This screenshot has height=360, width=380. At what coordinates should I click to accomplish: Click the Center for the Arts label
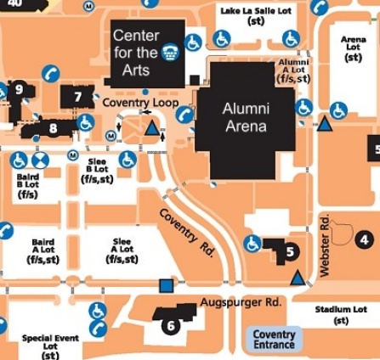[x=136, y=52]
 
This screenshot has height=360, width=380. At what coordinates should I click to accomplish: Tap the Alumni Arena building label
[x=245, y=117]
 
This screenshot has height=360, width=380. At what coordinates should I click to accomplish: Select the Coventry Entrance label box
[x=274, y=340]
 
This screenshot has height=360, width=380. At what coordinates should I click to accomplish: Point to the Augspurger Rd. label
[x=241, y=302]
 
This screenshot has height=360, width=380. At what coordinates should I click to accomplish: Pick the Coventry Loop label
[x=140, y=102]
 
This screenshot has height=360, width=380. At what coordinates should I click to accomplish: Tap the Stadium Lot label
[x=340, y=315]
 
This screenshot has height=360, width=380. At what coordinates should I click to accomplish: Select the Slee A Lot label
[x=122, y=250]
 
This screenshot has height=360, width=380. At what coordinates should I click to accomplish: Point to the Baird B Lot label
[x=27, y=185]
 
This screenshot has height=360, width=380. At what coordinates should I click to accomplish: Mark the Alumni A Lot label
[x=294, y=70]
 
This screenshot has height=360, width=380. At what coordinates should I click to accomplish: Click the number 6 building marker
[x=170, y=325]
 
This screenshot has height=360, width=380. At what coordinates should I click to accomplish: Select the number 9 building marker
[x=19, y=89]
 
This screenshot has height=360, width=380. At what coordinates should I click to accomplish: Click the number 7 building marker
[x=77, y=97]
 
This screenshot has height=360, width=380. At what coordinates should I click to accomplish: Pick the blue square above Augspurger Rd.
[x=166, y=285]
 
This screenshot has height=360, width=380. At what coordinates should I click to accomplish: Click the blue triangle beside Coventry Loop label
[x=153, y=129]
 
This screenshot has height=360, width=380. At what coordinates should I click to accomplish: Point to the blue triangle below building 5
[x=297, y=277]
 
